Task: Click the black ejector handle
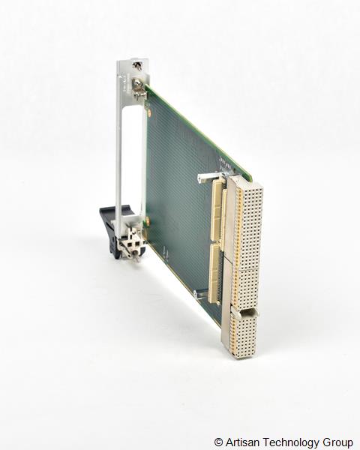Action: tap(110, 228)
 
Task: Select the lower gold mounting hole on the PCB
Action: tap(148, 221)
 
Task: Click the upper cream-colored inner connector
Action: tap(218, 206)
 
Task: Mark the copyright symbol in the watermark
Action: tap(218, 442)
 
